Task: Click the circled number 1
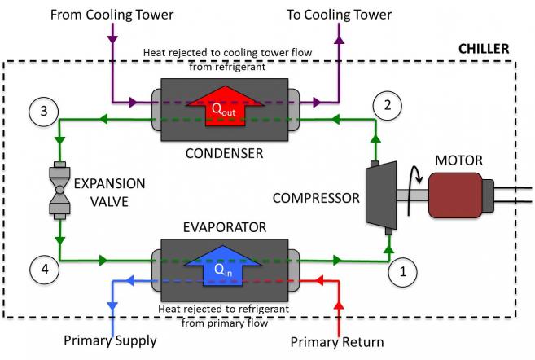(x=402, y=272)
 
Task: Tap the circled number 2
(x=388, y=105)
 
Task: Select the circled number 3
(x=44, y=112)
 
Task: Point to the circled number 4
(x=44, y=270)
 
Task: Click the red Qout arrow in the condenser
(x=225, y=106)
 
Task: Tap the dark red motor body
(x=455, y=195)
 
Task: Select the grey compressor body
(x=381, y=195)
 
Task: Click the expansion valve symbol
(x=59, y=190)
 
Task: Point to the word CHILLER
(x=484, y=49)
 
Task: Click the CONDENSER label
(x=224, y=154)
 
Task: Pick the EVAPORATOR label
(x=225, y=227)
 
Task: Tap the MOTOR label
(x=458, y=160)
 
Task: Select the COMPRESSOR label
(x=316, y=198)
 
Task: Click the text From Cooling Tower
(x=112, y=15)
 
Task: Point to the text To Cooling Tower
(x=339, y=15)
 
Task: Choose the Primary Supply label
(x=110, y=341)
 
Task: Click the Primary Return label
(x=337, y=342)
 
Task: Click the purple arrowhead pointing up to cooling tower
(x=339, y=40)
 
